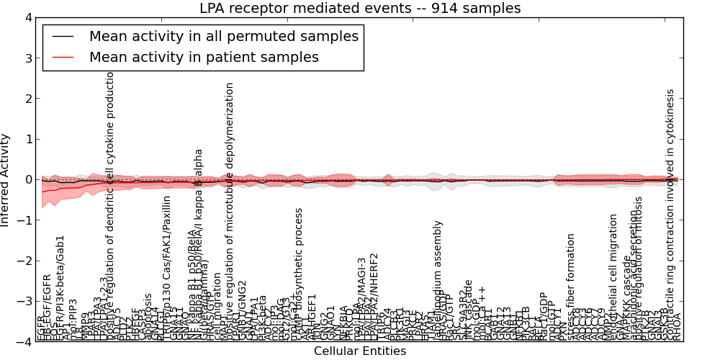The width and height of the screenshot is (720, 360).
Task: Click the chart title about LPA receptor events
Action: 360,8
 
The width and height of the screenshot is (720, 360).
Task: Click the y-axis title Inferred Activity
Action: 6,180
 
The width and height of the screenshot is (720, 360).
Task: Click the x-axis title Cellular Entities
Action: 360,351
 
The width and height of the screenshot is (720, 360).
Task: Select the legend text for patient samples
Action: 204,56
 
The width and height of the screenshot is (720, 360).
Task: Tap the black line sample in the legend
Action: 63,36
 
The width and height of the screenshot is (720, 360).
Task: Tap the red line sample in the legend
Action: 63,56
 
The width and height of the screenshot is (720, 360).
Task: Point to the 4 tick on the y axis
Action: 28,17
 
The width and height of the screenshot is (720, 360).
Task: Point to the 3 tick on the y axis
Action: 28,58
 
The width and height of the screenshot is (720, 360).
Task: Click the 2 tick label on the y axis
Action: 28,99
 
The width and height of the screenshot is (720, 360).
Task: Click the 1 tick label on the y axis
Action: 28,139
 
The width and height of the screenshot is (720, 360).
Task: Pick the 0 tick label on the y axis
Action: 28,180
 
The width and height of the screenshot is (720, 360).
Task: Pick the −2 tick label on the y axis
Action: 25,261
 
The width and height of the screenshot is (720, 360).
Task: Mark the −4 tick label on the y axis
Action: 25,342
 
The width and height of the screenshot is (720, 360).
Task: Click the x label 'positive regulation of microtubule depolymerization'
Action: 230,209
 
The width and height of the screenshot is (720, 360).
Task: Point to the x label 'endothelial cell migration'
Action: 613,276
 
